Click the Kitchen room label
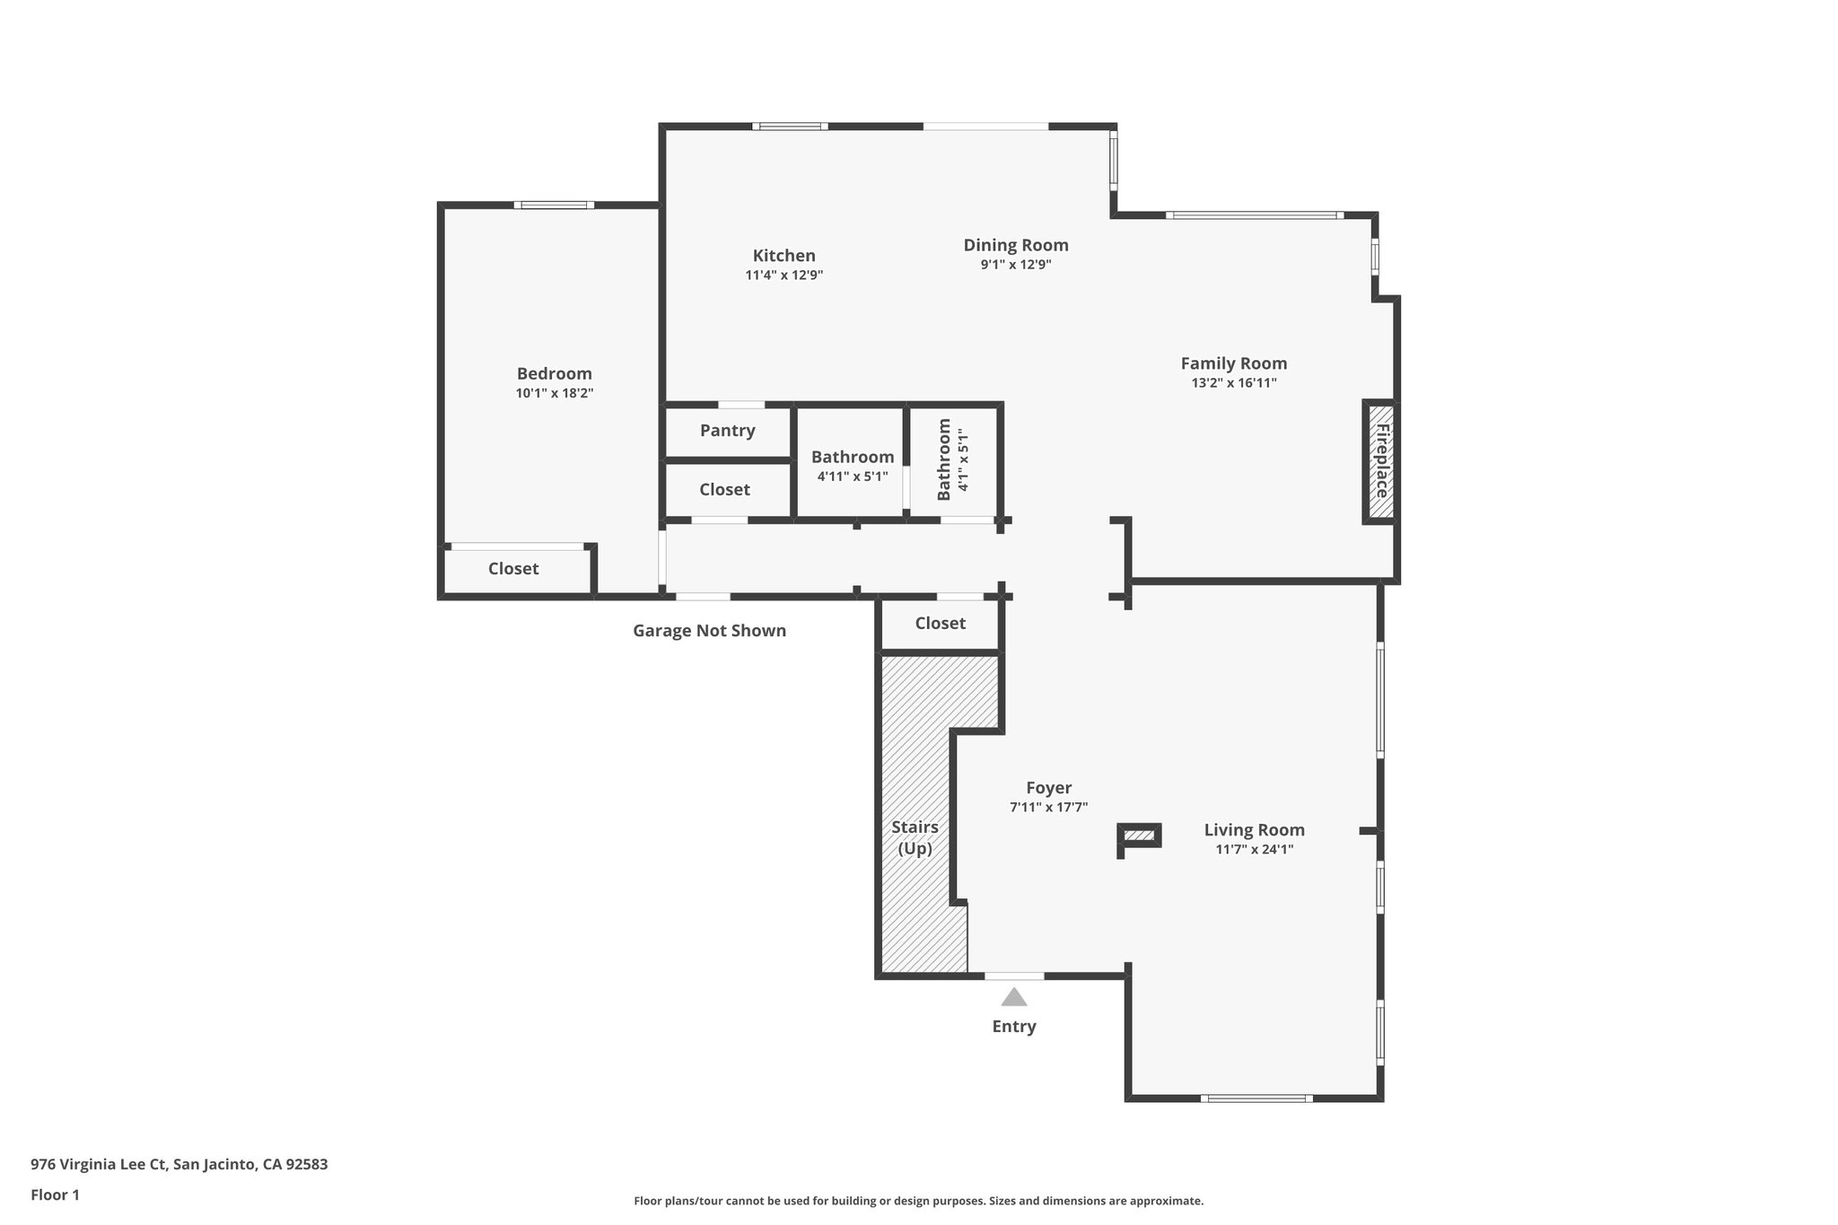point(783,256)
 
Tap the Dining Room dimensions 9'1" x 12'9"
point(1015,265)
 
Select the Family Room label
point(1233,363)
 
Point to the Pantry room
point(727,431)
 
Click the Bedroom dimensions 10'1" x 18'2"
point(554,393)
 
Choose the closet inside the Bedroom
point(513,569)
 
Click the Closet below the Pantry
point(724,490)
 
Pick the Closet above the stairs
point(940,624)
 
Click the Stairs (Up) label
point(915,837)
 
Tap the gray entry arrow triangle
point(1013,997)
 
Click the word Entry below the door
point(1013,1027)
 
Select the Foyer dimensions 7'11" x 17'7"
point(1048,808)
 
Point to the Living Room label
point(1254,830)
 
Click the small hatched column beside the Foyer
point(1140,836)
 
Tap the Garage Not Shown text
point(709,631)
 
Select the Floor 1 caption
point(55,1195)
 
